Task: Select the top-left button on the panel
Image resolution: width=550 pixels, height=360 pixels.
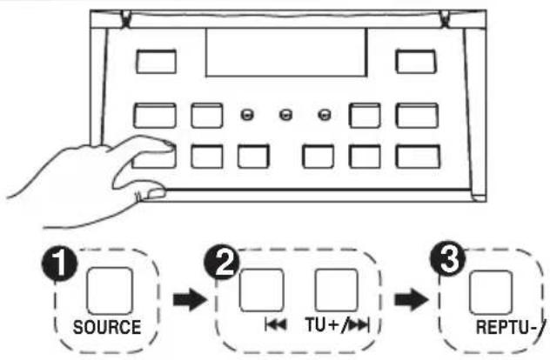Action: coord(157,60)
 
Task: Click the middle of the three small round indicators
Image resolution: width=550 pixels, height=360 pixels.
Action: coord(285,115)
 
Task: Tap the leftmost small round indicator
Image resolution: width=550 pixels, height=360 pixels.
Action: coord(246,115)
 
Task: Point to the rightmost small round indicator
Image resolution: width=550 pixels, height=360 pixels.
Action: coord(325,115)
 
